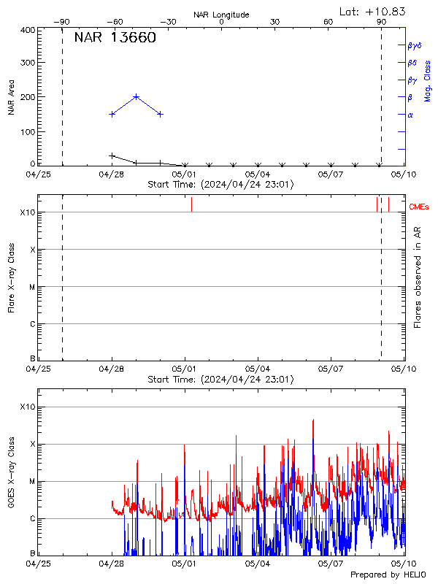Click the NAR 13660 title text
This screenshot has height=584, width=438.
[115, 39]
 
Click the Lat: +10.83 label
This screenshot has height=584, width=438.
[373, 11]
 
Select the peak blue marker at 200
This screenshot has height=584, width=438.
[137, 96]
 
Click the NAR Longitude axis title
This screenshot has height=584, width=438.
[221, 15]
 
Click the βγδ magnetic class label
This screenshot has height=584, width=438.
[414, 45]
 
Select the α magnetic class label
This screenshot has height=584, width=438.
[410, 115]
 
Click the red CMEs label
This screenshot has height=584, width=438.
[419, 207]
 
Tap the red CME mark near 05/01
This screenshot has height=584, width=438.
[191, 204]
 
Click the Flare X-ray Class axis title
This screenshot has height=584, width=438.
[11, 277]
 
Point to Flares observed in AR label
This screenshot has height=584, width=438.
[418, 277]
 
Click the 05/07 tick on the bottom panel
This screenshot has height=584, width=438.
[331, 564]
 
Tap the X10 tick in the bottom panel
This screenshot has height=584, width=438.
[26, 407]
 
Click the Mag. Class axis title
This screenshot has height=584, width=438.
[427, 80]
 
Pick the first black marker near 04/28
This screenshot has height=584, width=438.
[112, 155]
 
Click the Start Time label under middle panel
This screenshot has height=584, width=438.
[221, 380]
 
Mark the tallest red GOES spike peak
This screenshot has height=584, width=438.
[313, 420]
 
